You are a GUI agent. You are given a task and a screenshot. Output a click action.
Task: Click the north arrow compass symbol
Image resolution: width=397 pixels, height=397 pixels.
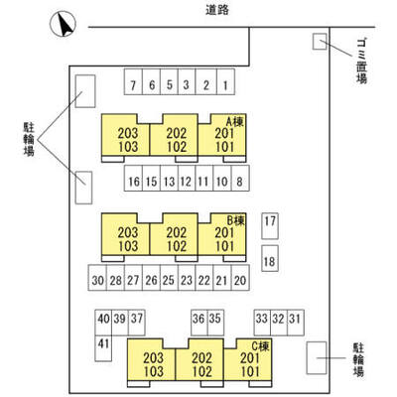(63, 24)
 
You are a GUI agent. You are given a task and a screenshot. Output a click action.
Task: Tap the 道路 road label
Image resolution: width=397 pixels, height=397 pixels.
(217, 10)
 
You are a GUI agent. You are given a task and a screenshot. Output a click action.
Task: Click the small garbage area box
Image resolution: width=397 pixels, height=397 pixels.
(320, 42)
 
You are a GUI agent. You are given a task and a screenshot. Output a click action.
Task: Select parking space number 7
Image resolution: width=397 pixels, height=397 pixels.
(133, 81)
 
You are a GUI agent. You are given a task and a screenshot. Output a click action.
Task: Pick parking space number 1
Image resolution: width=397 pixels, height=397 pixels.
(225, 81)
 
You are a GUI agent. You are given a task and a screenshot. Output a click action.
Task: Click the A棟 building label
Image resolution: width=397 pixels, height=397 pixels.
(235, 122)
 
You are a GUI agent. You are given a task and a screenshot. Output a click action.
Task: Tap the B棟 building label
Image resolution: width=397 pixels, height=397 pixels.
(235, 220)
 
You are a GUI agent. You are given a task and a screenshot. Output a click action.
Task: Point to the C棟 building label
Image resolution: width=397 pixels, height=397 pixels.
(260, 346)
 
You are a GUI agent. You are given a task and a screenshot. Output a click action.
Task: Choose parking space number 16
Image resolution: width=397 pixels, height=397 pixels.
(134, 178)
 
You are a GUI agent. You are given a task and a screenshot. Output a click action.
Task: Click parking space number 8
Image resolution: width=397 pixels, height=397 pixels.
(240, 178)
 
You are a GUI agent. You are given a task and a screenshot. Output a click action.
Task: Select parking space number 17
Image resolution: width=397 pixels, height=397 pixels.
(270, 226)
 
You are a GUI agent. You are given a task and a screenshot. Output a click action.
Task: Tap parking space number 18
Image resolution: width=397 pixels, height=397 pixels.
(270, 258)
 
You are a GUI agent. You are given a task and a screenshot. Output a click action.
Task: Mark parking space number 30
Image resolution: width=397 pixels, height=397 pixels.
(97, 277)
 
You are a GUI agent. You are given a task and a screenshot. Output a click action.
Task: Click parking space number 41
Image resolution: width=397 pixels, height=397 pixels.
(103, 348)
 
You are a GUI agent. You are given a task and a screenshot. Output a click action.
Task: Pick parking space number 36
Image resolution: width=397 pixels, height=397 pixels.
(199, 323)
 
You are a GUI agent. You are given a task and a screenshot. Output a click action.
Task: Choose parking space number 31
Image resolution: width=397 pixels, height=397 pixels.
(296, 323)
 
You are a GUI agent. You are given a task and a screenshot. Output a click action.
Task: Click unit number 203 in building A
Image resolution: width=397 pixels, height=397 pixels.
(128, 134)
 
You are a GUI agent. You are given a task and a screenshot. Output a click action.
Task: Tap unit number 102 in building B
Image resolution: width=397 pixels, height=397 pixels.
(177, 246)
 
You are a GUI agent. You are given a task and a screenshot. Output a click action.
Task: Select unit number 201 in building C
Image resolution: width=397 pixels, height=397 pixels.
(250, 358)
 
